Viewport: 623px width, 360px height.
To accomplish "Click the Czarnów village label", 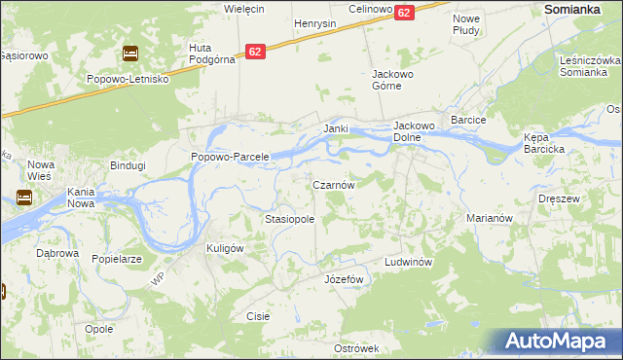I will (339, 184).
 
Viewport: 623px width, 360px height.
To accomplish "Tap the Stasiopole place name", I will (289, 220).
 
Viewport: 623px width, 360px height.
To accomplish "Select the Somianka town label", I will (570, 8).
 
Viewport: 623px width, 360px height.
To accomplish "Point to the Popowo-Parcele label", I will (229, 157).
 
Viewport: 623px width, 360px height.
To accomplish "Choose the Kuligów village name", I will (224, 248).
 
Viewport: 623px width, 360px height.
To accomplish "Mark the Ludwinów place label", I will (407, 263).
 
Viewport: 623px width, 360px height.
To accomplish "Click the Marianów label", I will (490, 219).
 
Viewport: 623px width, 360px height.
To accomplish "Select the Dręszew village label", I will (559, 198).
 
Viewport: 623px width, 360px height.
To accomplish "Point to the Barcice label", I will (468, 119).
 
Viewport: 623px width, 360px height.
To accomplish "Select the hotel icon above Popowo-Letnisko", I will (129, 54).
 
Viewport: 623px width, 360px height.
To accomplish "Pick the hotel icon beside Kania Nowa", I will (23, 198).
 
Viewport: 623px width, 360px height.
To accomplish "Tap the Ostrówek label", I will (355, 347).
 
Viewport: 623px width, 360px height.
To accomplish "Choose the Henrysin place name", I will (314, 22).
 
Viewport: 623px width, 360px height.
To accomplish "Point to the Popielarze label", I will (117, 260).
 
